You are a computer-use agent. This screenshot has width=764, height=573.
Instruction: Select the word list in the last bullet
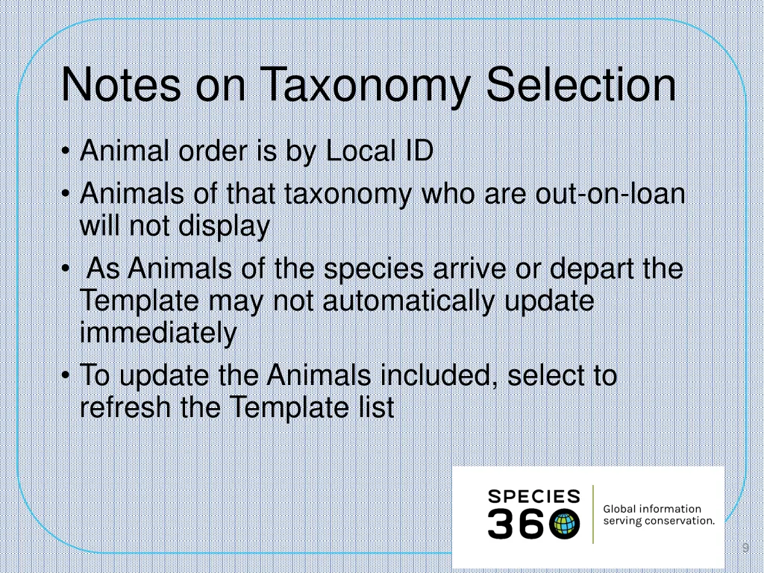pyautogui.click(x=372, y=407)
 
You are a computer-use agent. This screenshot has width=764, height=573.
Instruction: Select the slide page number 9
pyautogui.click(x=745, y=549)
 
